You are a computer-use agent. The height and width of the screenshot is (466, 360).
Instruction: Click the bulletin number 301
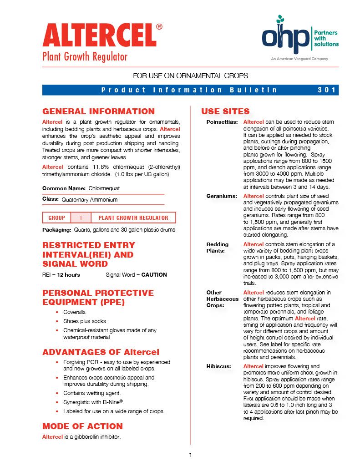327,90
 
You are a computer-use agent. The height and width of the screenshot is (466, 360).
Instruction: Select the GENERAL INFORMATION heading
98,111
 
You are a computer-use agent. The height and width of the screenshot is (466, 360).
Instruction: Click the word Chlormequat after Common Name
104,188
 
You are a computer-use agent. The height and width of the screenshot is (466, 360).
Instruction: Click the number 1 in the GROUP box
81,218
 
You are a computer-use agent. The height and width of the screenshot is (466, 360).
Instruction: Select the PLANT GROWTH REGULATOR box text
133,218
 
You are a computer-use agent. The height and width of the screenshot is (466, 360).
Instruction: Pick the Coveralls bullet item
74,312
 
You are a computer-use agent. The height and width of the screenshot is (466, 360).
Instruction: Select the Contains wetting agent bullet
92,393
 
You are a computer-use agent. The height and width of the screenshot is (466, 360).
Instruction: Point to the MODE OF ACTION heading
82,426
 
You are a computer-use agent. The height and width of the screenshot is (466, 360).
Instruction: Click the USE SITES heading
225,111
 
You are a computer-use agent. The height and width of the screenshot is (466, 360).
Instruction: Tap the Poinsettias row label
222,122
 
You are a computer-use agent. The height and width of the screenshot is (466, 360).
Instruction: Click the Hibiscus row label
218,366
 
